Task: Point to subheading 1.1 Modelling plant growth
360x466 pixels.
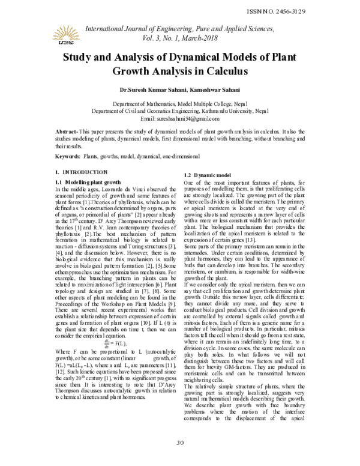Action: [88, 181]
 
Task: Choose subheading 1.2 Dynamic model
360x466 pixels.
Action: [210, 174]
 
